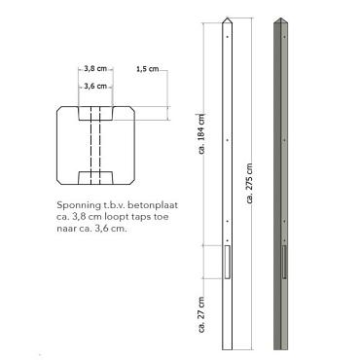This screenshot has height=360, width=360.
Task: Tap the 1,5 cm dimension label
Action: (148, 69)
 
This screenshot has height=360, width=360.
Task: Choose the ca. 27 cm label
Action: (201, 313)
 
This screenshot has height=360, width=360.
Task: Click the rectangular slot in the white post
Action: (227, 262)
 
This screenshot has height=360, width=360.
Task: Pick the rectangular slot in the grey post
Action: (282, 262)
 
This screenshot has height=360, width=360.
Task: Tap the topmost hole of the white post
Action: (227, 40)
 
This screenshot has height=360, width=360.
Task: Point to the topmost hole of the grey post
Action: (282, 40)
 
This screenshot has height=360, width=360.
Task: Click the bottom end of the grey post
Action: (281, 344)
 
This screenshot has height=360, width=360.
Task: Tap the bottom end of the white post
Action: (227, 344)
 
